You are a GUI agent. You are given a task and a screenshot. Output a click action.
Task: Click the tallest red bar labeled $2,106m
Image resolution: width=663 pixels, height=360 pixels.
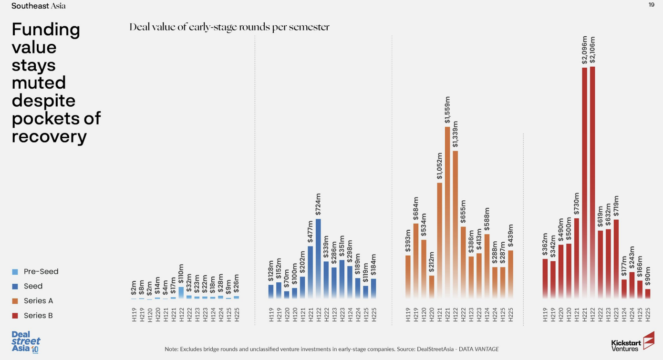tap(592, 181)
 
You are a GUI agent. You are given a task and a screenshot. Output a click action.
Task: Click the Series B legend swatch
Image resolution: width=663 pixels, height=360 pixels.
tap(15, 316)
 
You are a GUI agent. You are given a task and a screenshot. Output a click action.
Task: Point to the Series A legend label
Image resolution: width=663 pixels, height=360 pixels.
tap(38, 301)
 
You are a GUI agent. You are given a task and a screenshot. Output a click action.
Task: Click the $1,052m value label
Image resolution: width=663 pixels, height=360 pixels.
tap(439, 166)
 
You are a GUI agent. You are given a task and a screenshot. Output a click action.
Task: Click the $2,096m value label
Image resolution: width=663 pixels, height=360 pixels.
tap(584, 51)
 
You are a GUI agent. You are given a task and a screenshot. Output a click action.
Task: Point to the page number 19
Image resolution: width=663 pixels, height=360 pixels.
tap(652, 5)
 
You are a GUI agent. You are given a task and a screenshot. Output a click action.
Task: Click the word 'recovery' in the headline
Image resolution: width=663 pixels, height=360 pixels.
tap(49, 137)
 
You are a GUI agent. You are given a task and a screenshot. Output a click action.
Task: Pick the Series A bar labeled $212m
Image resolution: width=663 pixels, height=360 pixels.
tap(432, 287)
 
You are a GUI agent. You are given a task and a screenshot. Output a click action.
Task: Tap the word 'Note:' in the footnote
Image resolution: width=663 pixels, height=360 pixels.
tap(172, 349)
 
